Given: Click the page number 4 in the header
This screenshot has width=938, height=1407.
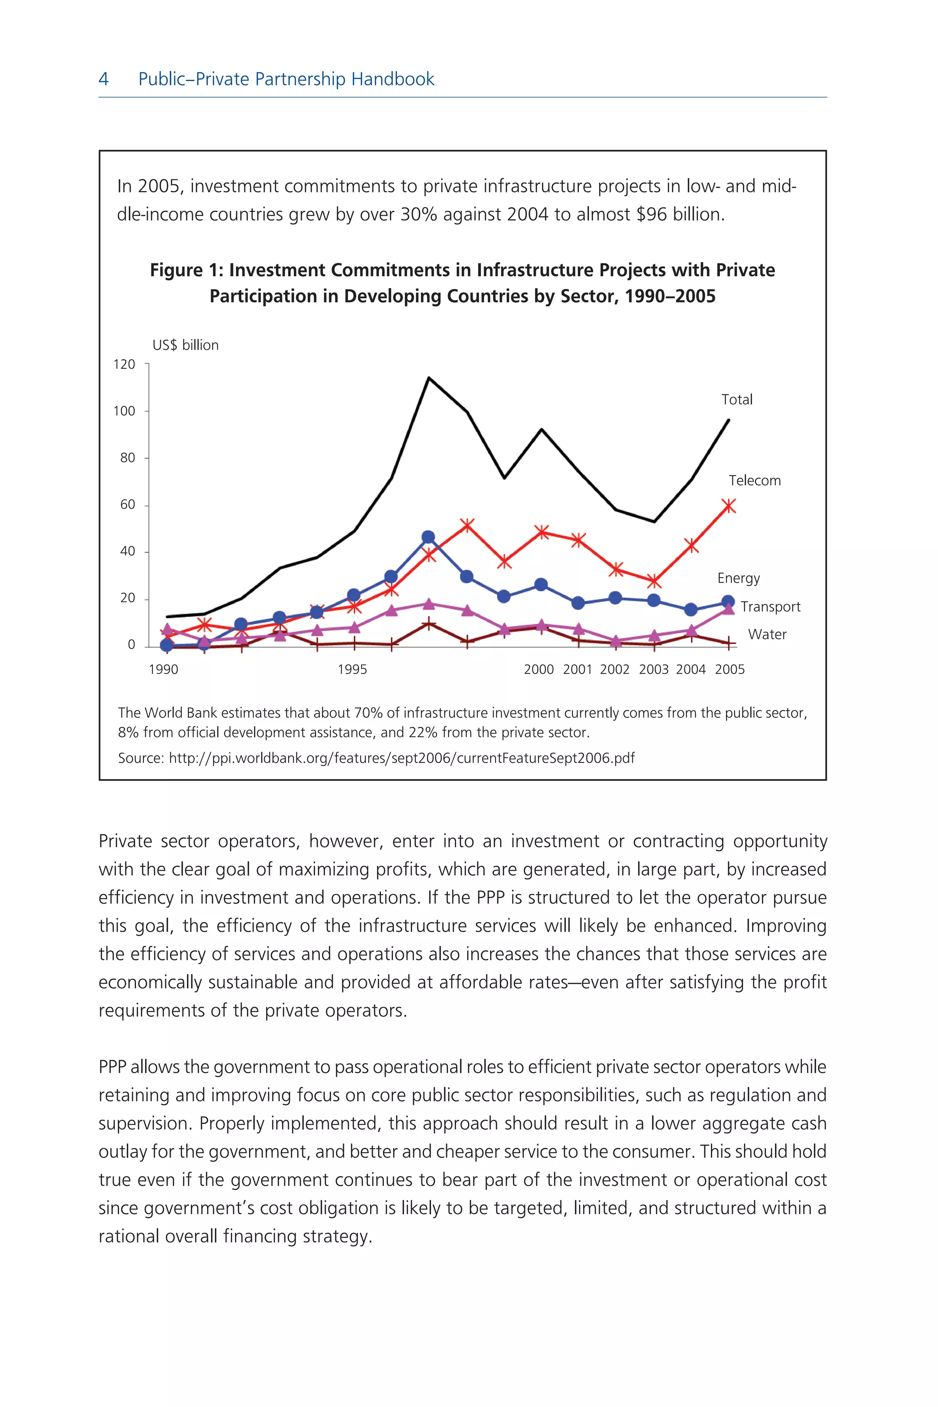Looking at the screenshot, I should (104, 79).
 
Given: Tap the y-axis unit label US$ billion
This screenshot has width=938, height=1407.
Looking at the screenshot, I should (185, 345).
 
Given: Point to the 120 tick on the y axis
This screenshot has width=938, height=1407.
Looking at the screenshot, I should (125, 364).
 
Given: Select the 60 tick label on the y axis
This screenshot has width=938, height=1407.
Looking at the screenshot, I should (127, 505).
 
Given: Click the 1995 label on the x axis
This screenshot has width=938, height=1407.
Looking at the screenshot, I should (352, 670).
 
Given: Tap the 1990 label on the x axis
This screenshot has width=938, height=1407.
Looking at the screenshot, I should (164, 670).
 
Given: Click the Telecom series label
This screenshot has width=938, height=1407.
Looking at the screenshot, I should (754, 480).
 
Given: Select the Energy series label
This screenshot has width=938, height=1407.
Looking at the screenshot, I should (738, 578).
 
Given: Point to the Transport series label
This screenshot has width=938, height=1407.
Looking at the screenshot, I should (770, 606).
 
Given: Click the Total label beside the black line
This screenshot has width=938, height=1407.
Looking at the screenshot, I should (736, 399).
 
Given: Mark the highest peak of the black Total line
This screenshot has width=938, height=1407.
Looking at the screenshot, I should (429, 378).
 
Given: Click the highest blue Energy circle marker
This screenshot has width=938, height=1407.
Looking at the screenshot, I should (428, 537).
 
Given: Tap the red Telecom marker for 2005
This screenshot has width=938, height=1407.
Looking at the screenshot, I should (729, 506).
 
